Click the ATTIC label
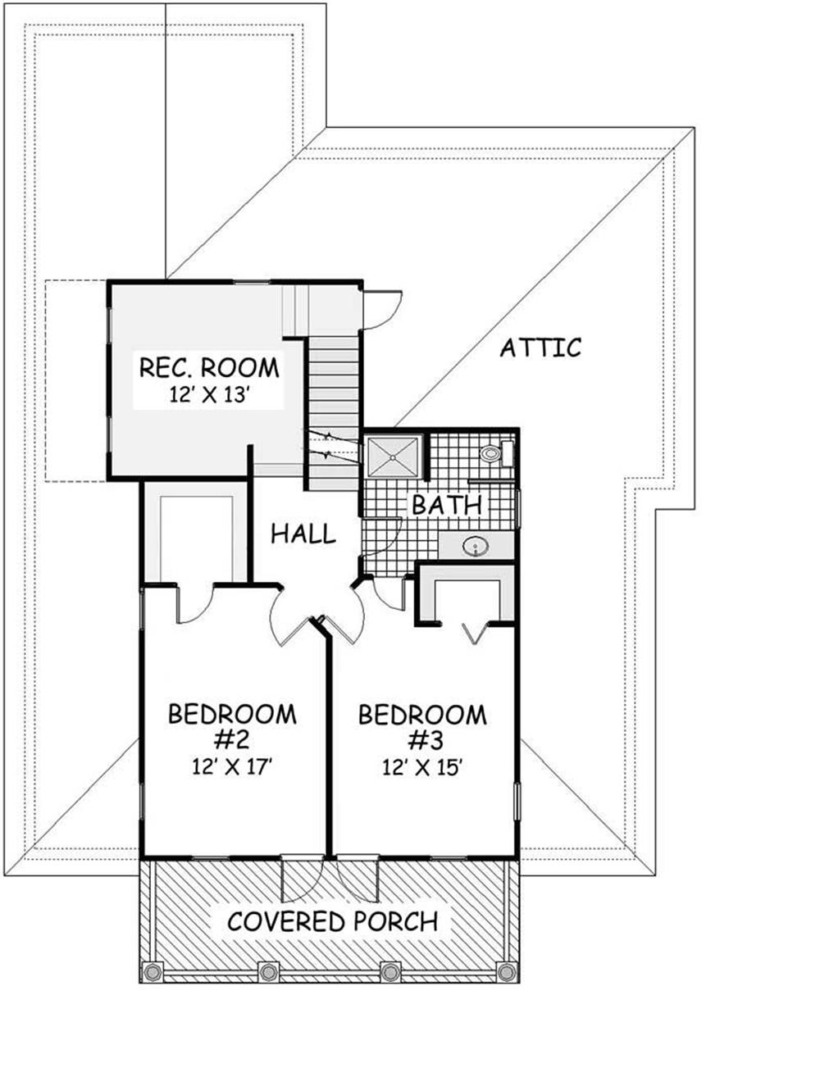[540, 348]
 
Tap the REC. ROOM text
[209, 368]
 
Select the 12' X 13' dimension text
[208, 395]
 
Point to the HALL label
[303, 534]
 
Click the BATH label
[447, 505]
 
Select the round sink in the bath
[476, 546]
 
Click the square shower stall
[394, 457]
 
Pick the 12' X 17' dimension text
[232, 766]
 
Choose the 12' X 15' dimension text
[421, 767]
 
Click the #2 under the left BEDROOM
[232, 739]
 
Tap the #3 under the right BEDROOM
[422, 740]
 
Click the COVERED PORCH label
[333, 921]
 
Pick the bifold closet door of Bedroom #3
[475, 632]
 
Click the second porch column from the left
[268, 971]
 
